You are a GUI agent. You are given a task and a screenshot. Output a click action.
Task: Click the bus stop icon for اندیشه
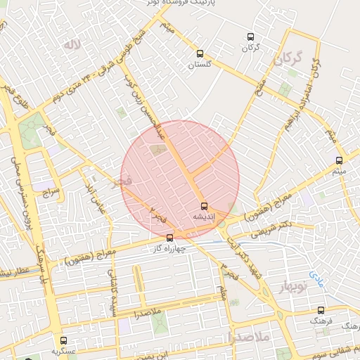[204, 206]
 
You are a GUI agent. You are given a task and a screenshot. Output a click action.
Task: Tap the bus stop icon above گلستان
[200, 53]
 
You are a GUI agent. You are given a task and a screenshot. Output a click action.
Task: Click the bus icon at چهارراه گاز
[169, 238]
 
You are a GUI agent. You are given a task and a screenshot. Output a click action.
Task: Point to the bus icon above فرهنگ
[321, 310]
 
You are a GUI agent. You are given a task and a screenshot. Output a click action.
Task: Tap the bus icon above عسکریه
[63, 340]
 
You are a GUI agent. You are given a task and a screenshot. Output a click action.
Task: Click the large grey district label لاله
[70, 46]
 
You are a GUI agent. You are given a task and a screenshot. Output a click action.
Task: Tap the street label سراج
[50, 191]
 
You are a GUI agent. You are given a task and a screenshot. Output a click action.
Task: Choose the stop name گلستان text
[200, 64]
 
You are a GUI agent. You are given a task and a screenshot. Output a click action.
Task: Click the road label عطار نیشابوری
[14, 271]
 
